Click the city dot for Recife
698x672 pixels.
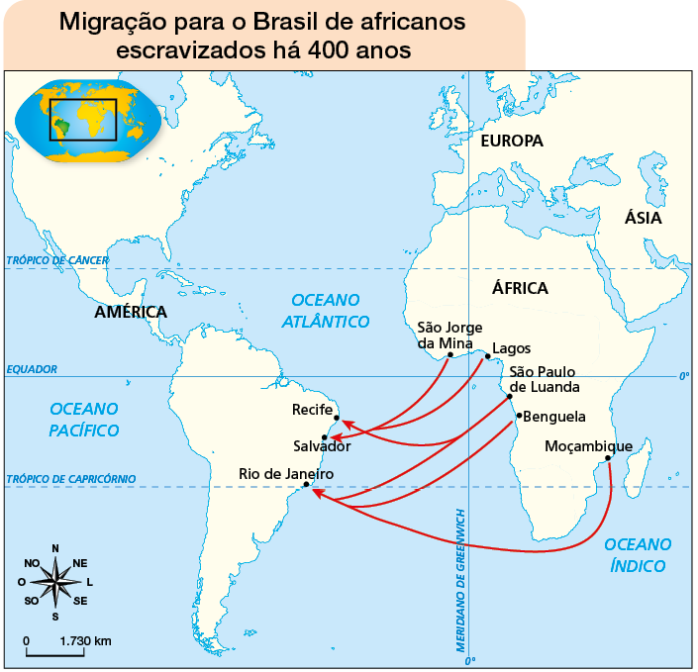click(x=337, y=418)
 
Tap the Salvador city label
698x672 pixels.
click(x=322, y=446)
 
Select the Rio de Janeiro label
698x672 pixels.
click(x=286, y=474)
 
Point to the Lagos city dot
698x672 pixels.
click(x=487, y=355)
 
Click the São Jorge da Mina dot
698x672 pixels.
click(x=449, y=354)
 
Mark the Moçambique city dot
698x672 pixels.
click(x=608, y=458)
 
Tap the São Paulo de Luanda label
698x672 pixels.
click(x=545, y=379)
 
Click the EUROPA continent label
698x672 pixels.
click(x=512, y=141)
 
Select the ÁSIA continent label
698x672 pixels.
click(x=643, y=219)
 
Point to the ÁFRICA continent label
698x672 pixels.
click(x=520, y=288)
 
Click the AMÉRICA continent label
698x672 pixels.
click(x=131, y=312)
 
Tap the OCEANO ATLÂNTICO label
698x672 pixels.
click(x=326, y=310)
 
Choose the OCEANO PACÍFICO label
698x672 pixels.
click(x=84, y=419)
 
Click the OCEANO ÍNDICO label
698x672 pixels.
click(x=638, y=554)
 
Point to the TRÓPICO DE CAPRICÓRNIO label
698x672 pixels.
click(x=70, y=479)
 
